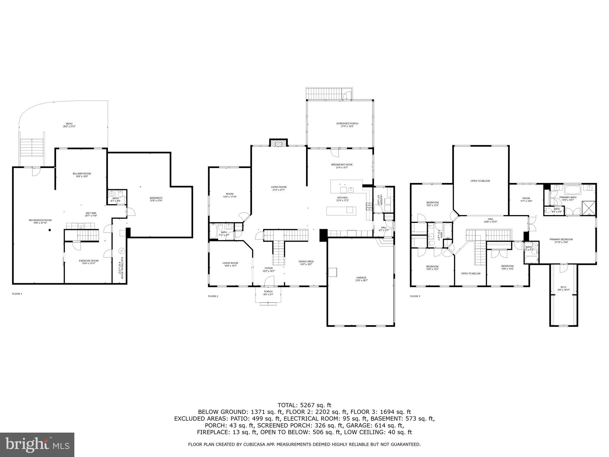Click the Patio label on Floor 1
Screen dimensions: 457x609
point(69,125)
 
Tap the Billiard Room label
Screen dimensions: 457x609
point(82,175)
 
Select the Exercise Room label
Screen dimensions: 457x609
point(89,262)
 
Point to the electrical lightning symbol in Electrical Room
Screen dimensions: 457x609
point(121,251)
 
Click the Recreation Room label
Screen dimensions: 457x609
point(40,221)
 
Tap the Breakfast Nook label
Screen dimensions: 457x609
point(342,166)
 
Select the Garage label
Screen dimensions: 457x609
point(362,279)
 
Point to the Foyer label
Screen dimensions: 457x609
point(269,269)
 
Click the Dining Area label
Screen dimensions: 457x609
point(306,263)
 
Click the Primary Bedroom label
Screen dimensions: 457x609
point(561,241)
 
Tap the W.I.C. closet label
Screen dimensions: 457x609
point(564,288)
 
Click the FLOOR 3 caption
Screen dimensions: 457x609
point(415,296)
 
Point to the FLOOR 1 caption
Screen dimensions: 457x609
point(17,294)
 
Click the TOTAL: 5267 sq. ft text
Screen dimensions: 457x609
point(304,405)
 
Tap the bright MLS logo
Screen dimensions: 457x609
point(37,445)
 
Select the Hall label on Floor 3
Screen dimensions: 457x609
point(491,220)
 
